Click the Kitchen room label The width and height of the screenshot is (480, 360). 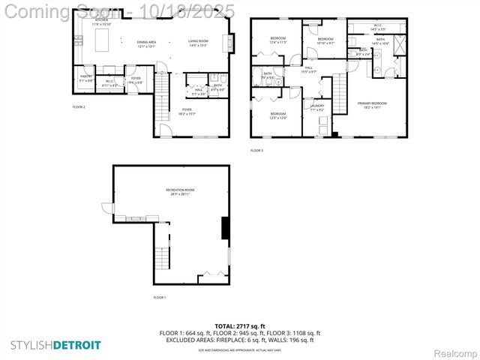pos(101,20)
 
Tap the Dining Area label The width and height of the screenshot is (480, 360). pos(146,42)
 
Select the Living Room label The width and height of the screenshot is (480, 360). pos(198,42)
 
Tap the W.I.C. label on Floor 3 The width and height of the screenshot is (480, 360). pos(377,25)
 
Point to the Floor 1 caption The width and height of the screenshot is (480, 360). pos(159,298)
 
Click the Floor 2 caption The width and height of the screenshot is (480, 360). pos(79,107)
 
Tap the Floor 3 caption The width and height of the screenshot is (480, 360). pos(256,151)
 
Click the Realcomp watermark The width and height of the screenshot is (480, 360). pos(455,352)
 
